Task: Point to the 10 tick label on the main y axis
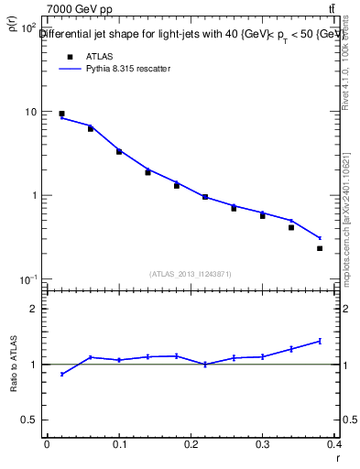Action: (x=29, y=112)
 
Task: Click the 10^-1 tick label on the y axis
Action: (x=27, y=278)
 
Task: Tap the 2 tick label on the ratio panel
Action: (x=35, y=309)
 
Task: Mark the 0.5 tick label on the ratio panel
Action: (x=29, y=420)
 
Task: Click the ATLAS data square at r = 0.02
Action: (x=61, y=114)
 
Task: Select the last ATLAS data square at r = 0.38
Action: (x=320, y=248)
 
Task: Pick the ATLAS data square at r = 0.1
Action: (x=119, y=152)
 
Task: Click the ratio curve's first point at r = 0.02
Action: (x=61, y=374)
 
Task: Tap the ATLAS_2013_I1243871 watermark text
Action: (x=190, y=274)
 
